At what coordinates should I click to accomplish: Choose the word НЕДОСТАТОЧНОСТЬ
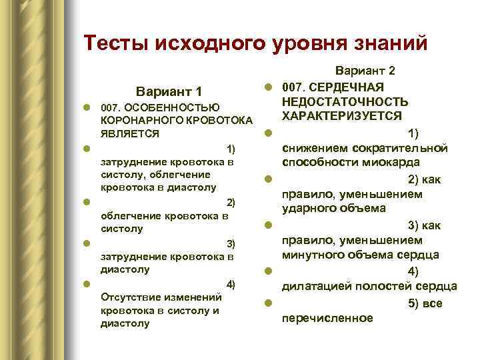click(x=345, y=101)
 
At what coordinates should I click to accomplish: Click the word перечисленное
click(x=327, y=317)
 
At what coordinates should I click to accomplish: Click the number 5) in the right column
click(x=417, y=303)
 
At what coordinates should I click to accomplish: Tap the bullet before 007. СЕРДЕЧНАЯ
click(x=267, y=87)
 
